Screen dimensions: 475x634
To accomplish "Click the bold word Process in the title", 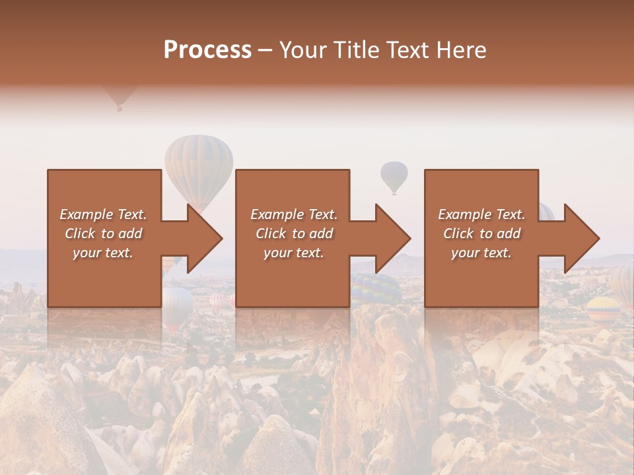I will pos(207,50).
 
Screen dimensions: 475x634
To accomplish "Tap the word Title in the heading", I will pos(355,50).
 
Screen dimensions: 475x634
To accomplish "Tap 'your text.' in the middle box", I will pos(293,253).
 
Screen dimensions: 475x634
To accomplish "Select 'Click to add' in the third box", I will pos(482,234).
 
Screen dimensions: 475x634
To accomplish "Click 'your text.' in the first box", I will pos(103,253).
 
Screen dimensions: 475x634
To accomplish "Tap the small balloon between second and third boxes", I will pos(394,176).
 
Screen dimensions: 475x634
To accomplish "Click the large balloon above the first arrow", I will pos(199,165).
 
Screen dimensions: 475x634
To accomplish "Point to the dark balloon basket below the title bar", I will pos(120,108).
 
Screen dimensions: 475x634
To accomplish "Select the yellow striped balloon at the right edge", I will pos(603,307).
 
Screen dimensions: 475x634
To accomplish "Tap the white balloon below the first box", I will pos(177,305).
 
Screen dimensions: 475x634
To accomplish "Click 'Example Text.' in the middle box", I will pos(293,214).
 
